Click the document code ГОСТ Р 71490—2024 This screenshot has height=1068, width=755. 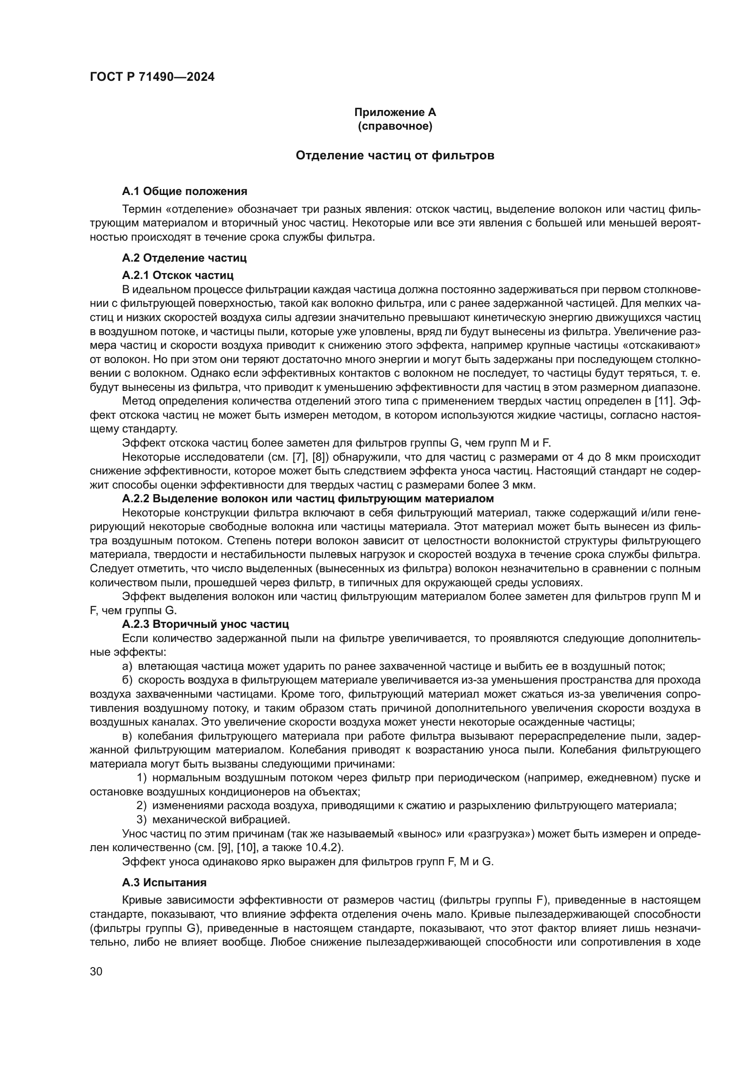point(152,77)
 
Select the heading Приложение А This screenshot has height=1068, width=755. point(395,112)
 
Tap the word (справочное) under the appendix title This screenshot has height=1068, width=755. point(395,126)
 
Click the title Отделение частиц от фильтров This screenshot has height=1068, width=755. point(395,155)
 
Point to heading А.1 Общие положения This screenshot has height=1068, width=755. point(184,191)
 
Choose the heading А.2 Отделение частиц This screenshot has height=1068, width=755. point(184,258)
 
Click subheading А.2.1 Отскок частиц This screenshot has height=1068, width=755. point(178,275)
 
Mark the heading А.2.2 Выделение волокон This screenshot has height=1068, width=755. point(307,499)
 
